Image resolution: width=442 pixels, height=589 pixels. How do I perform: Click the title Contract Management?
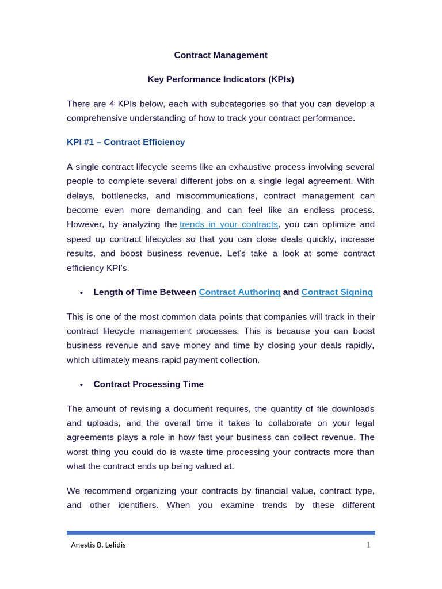(x=221, y=55)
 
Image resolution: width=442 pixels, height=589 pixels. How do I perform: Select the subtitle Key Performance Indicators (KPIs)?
(x=221, y=79)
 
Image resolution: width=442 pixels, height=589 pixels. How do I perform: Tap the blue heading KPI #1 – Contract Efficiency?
(x=125, y=142)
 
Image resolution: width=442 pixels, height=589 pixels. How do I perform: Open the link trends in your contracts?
(x=228, y=224)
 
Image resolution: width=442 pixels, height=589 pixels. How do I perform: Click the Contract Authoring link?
(x=239, y=292)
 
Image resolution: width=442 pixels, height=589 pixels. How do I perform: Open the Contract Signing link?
(x=337, y=292)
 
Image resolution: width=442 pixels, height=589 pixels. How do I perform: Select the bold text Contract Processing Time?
(x=148, y=384)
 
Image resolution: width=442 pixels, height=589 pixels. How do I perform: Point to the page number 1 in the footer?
(x=368, y=545)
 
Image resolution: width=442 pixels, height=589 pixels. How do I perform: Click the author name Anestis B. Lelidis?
(x=98, y=545)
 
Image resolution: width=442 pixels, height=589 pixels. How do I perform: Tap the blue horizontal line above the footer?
(x=221, y=533)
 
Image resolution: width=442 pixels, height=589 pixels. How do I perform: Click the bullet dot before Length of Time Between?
(x=81, y=293)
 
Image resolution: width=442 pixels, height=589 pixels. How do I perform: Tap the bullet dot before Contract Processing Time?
(x=81, y=385)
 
